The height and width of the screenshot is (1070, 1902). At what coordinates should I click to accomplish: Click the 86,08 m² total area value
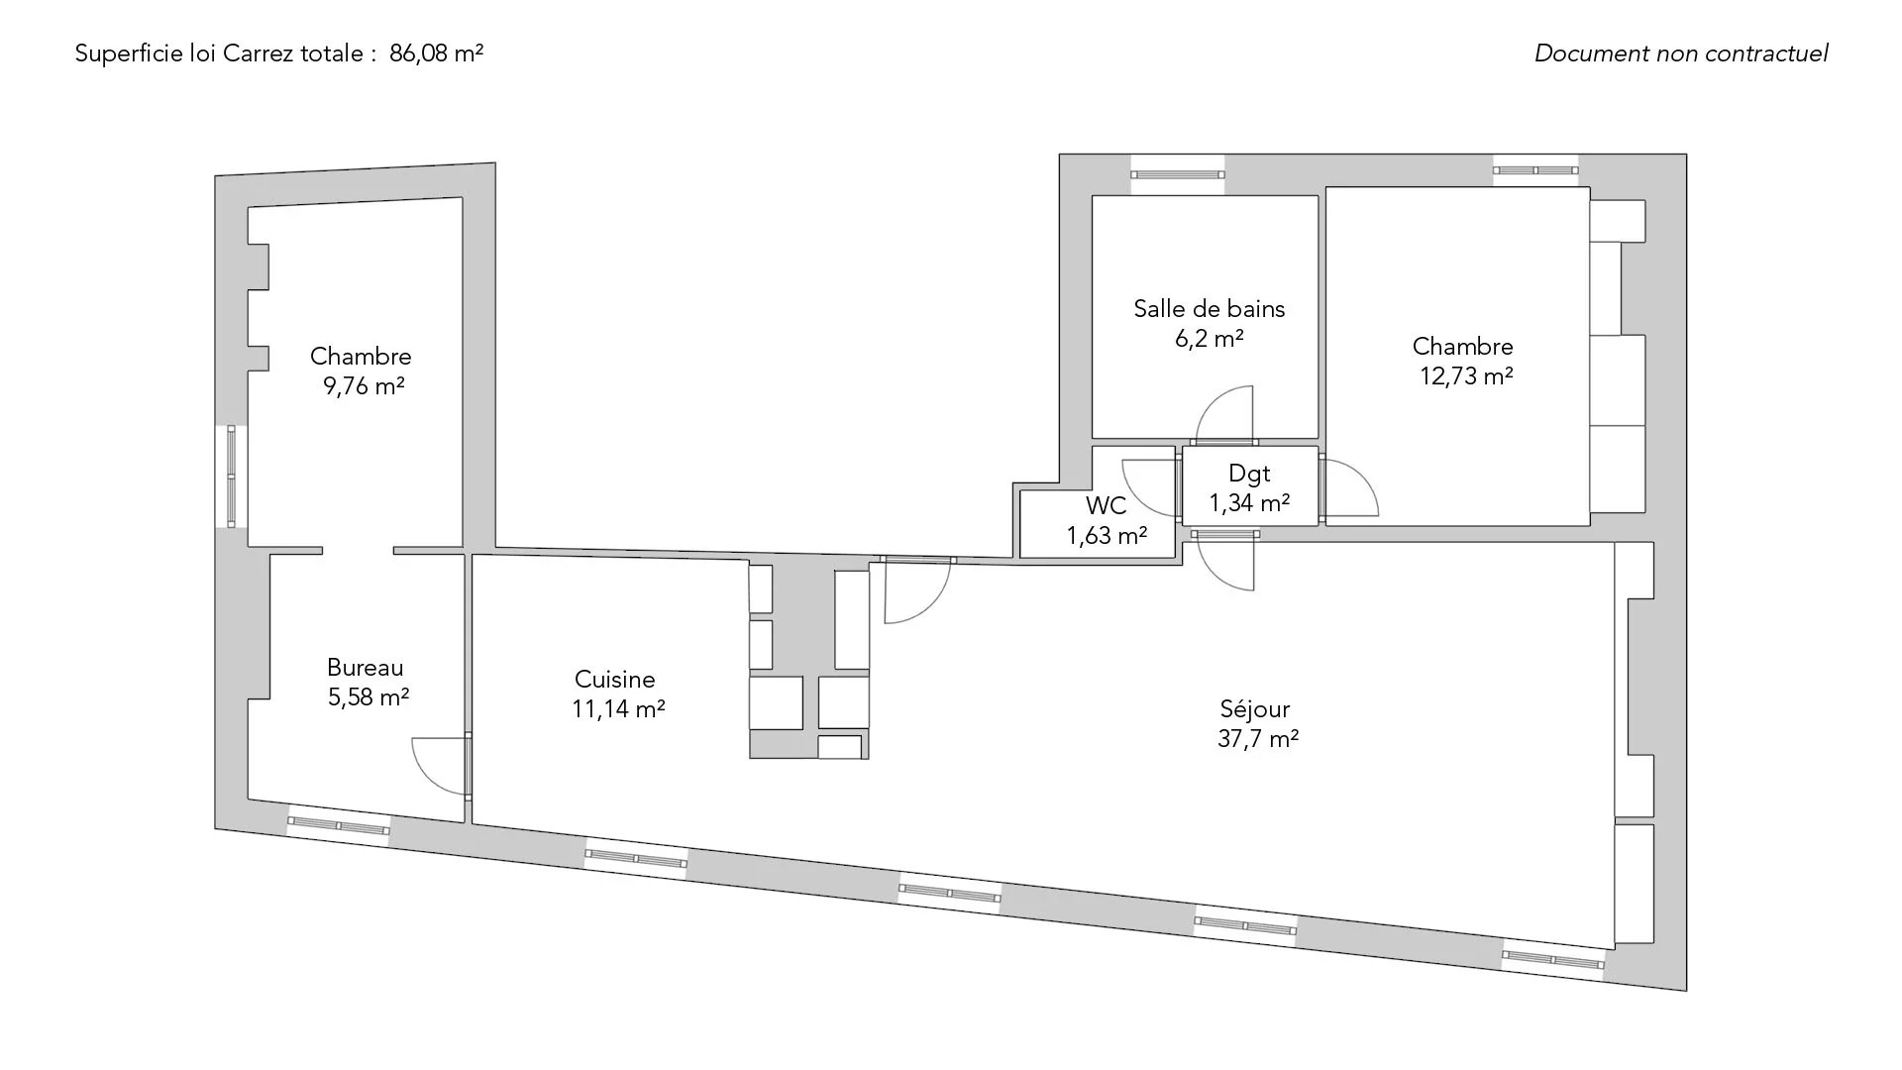(x=436, y=53)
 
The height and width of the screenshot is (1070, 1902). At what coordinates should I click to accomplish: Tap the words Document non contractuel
(x=1681, y=53)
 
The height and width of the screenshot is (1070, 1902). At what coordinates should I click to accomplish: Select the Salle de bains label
(x=1209, y=308)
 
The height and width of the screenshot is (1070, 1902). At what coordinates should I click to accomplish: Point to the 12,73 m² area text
(x=1466, y=375)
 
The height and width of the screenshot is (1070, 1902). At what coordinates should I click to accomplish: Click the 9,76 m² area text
(x=364, y=385)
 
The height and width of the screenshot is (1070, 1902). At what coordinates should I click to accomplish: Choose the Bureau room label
(x=366, y=668)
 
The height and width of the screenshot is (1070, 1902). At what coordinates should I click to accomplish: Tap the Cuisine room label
(x=615, y=680)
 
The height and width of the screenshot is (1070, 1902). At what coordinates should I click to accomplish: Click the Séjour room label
(x=1255, y=709)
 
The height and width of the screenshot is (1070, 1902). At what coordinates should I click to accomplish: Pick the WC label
(x=1106, y=506)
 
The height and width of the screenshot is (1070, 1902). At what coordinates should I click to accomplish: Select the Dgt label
(x=1249, y=474)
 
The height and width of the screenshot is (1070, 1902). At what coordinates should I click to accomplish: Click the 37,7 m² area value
(x=1258, y=739)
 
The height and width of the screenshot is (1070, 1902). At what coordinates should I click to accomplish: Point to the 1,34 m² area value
(x=1249, y=503)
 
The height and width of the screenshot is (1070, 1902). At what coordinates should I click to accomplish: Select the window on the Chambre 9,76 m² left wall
(x=232, y=477)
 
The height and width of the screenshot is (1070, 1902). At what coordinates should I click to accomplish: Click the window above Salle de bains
(x=1177, y=175)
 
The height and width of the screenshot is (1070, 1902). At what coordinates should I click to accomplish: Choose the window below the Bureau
(x=338, y=824)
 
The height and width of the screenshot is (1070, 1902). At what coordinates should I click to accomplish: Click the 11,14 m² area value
(x=618, y=709)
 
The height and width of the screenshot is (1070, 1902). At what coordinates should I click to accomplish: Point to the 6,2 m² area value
(x=1209, y=338)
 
